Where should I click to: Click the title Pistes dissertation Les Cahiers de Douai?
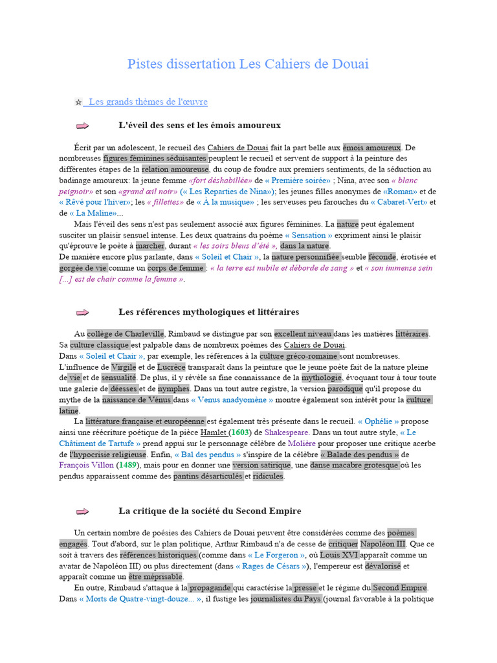coord(248,64)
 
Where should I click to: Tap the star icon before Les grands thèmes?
coord(78,102)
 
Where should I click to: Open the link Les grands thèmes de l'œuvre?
coord(148,102)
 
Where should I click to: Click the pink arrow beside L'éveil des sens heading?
coord(82,126)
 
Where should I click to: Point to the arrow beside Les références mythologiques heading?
coord(82,313)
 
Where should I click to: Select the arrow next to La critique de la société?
coord(82,511)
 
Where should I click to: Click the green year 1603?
coord(240,432)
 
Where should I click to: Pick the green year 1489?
coord(128,465)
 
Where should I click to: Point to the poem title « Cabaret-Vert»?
coord(398,202)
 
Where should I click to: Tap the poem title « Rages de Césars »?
coord(272,566)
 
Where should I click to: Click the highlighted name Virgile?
coord(124,367)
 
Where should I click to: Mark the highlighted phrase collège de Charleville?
coord(126,333)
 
